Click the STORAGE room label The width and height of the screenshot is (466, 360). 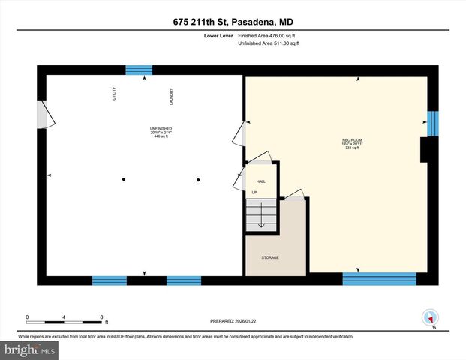point(269,257)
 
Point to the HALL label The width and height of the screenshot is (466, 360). point(261,181)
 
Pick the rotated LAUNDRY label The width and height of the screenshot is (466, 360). point(171,95)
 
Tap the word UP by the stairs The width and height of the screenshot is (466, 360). point(254,192)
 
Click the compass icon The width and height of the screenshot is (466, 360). point(430,317)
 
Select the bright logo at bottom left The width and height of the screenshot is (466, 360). point(29,350)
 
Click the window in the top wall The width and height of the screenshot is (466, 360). point(138,70)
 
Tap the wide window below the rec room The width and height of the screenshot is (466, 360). point(379,279)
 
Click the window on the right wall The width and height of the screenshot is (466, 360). point(432,124)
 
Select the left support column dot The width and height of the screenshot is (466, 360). point(125,179)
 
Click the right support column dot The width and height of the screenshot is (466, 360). point(199,179)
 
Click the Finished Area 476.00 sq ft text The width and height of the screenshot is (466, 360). point(268,36)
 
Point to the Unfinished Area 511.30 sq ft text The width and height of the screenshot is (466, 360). point(269,44)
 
